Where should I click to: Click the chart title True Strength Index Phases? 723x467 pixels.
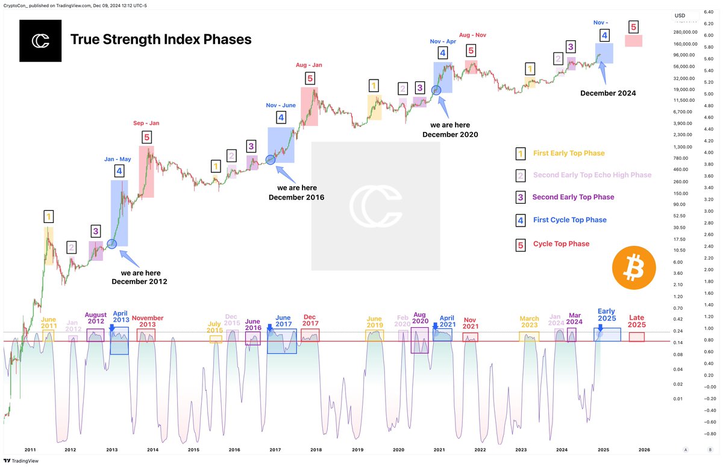click(161, 40)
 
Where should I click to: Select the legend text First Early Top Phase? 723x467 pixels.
click(568, 153)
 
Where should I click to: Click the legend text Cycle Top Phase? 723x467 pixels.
click(561, 243)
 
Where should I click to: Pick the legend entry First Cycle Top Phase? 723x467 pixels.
click(569, 220)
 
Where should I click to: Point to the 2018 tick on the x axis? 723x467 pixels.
click(316, 450)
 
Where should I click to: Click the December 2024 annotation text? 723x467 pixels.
click(608, 93)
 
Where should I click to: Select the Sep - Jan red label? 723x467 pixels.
click(146, 123)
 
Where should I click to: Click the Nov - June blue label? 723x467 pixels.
click(281, 105)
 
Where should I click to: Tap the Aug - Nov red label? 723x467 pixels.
click(472, 35)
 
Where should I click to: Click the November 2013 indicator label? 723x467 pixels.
click(148, 321)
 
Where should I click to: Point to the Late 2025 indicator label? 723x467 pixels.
click(637, 321)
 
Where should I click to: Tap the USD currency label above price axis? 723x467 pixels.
click(680, 16)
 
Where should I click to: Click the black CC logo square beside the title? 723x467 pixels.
click(40, 40)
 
